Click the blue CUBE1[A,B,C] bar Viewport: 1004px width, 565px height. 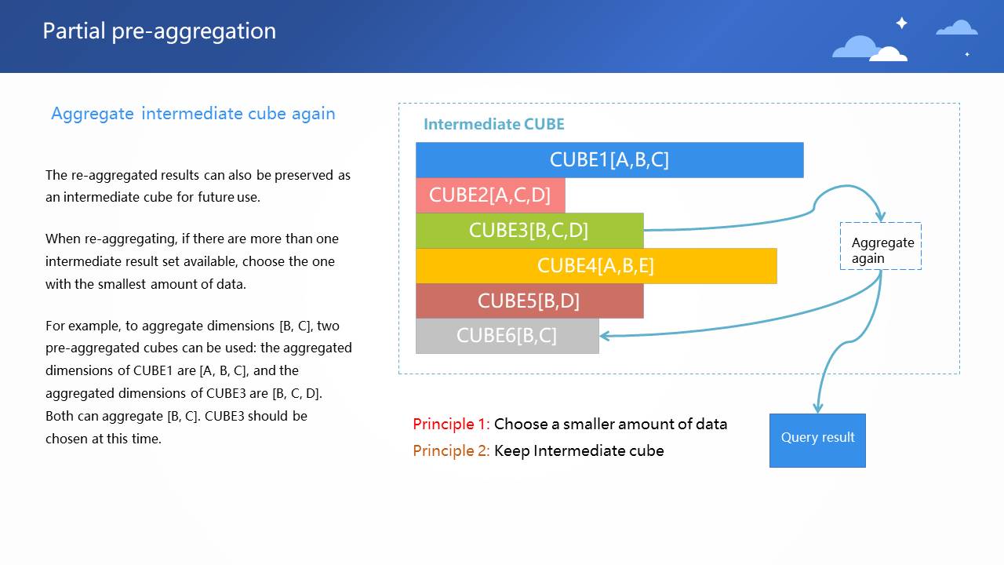click(609, 160)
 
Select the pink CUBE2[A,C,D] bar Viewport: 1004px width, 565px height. click(490, 195)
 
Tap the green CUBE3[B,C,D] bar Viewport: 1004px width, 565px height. click(529, 231)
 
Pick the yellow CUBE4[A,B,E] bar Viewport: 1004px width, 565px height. click(596, 266)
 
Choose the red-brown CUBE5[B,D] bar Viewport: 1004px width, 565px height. click(529, 301)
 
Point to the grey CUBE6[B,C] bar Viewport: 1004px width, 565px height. click(507, 336)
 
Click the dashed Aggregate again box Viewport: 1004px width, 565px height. click(881, 246)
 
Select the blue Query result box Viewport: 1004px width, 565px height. click(817, 440)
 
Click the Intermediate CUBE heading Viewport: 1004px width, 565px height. click(494, 124)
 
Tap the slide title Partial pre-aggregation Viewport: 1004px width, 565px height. click(159, 31)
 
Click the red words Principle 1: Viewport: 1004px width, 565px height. click(451, 424)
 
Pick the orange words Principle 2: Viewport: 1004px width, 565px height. click(451, 450)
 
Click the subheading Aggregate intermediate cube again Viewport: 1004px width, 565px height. click(193, 114)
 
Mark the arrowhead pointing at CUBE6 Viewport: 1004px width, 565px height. click(604, 336)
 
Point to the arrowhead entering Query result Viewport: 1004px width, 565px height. click(818, 407)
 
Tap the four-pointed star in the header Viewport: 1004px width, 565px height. click(902, 23)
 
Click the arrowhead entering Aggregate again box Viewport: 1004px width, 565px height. click(881, 217)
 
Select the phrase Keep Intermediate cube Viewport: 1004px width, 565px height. click(579, 450)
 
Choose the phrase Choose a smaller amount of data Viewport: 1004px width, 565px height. click(610, 424)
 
